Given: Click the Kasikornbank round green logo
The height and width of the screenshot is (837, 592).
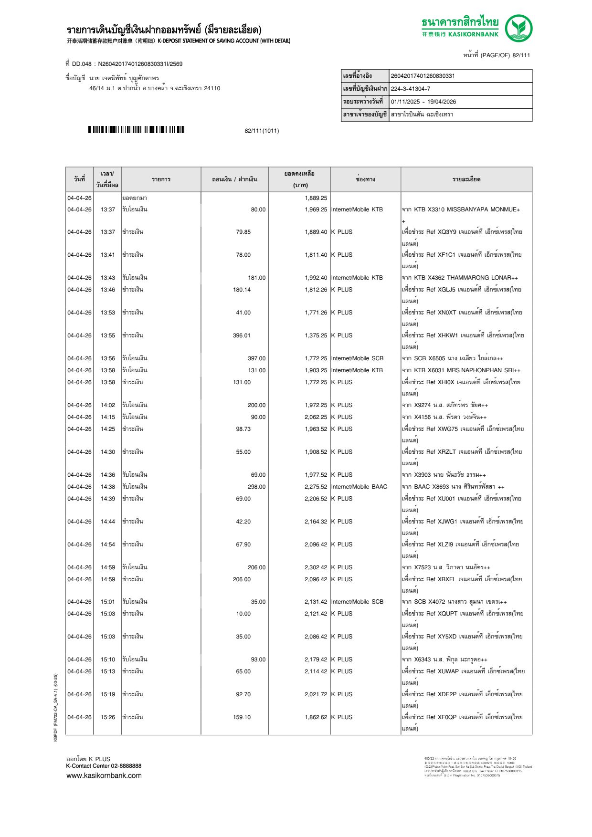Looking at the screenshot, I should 518,28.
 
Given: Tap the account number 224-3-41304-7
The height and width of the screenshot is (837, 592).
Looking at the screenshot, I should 410,89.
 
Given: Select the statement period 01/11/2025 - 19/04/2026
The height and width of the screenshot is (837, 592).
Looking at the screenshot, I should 423,102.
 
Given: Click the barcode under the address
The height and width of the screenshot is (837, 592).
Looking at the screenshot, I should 136,130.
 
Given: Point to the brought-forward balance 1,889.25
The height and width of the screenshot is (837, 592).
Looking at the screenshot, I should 316,198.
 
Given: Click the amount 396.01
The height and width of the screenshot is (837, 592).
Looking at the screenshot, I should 242,335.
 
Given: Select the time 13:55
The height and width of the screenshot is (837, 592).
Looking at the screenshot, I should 107,335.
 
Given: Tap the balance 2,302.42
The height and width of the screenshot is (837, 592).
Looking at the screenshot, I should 316,567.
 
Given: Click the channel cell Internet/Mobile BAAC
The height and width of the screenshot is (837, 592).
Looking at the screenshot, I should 359,487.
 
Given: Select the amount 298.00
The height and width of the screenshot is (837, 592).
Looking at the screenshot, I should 256,487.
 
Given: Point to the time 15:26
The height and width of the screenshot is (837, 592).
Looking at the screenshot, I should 107,717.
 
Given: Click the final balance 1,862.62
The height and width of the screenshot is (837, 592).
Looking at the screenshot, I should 316,717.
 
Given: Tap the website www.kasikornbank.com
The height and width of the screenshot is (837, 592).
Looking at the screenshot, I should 104,775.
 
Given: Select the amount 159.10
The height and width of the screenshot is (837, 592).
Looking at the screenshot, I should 242,717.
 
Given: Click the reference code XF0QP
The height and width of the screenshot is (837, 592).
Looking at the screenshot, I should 447,717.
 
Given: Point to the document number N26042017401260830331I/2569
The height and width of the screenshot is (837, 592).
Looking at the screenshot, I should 140,64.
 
